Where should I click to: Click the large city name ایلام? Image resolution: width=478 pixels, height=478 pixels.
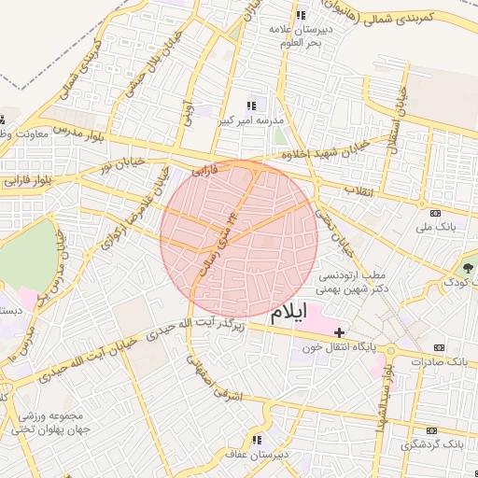pos(288,316)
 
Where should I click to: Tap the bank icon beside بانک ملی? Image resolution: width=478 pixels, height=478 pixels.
pos(423,204)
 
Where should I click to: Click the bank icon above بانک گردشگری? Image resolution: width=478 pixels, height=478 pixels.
pos(430,429)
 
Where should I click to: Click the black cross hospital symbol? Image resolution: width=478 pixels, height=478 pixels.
pos(340,331)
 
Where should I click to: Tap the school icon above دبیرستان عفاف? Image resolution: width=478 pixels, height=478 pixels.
pos(256,439)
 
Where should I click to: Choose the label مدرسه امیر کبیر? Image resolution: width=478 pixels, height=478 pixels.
pos(250,121)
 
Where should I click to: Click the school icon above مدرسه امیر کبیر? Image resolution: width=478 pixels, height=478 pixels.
pos(250,106)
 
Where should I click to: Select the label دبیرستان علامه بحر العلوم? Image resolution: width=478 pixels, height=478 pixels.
pos(301,35)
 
